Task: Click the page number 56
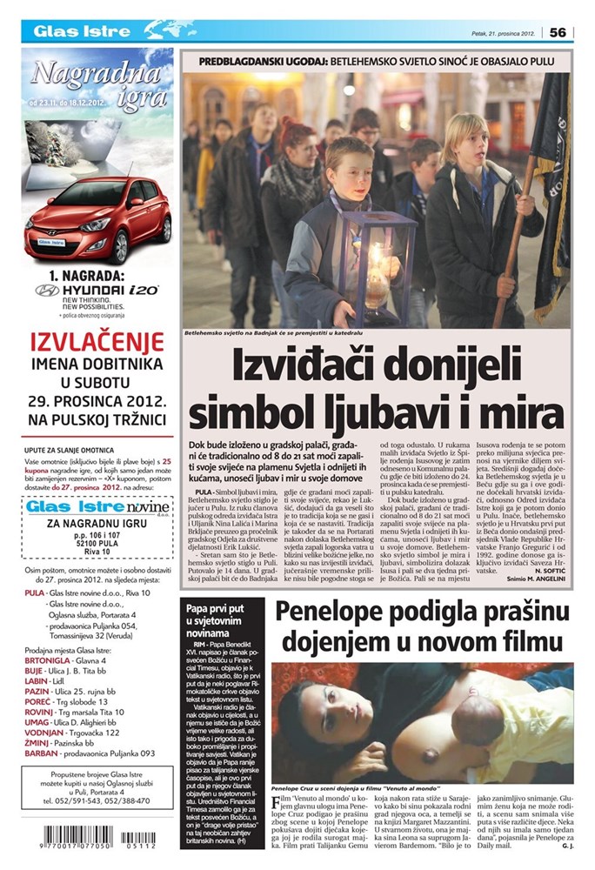(558, 32)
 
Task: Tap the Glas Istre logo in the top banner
(70, 32)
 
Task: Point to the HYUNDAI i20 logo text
(97, 290)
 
